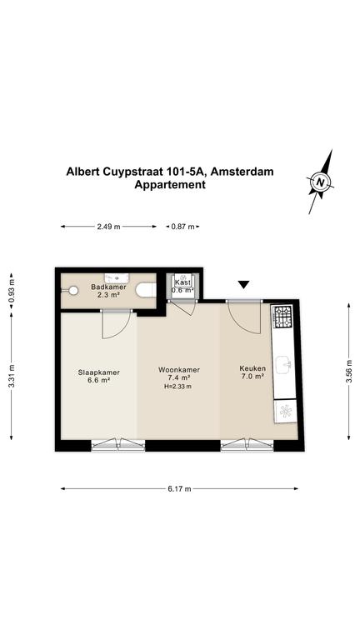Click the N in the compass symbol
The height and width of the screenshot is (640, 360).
tap(321, 182)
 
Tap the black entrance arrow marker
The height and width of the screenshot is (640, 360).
tap(243, 285)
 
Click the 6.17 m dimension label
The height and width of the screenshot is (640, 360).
tap(180, 488)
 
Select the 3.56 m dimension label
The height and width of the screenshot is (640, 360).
tap(348, 371)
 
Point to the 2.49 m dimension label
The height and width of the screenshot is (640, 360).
tap(108, 227)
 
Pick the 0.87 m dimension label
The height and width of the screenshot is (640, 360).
tap(182, 227)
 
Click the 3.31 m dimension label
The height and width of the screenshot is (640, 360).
tap(12, 375)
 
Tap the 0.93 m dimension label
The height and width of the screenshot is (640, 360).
tap(12, 290)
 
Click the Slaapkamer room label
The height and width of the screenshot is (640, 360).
tap(99, 372)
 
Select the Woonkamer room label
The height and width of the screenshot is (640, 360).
tap(179, 370)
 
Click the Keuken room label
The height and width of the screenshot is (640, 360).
tap(250, 368)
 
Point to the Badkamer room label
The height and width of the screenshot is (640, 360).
tap(108, 287)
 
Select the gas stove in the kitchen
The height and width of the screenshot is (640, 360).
tap(282, 317)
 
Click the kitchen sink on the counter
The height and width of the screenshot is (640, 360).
tap(283, 364)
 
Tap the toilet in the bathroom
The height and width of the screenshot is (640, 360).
tap(146, 290)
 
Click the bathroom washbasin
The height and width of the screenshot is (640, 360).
tap(117, 278)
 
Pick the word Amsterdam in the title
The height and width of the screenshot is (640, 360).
tap(242, 172)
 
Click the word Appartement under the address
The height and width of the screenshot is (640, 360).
tap(170, 184)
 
